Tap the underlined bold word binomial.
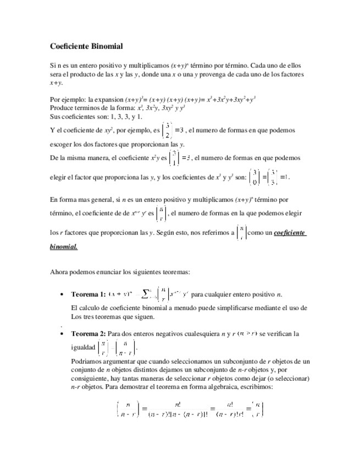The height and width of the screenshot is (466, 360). (x=64, y=247)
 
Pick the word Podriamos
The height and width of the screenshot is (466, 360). (x=88, y=362)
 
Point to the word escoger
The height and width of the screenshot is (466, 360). (x=62, y=144)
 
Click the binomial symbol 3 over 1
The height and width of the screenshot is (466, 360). (x=174, y=158)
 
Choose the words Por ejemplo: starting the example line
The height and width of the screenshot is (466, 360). (x=68, y=99)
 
